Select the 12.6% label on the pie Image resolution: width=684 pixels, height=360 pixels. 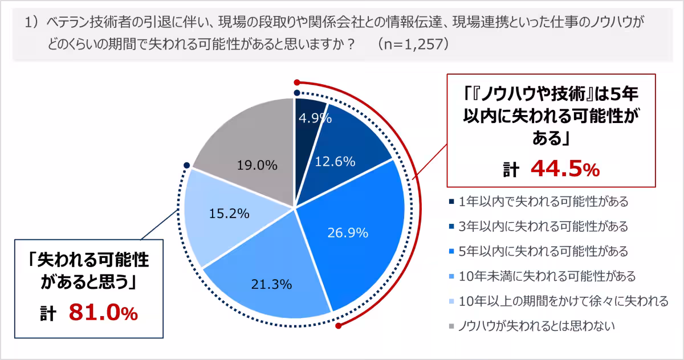335,161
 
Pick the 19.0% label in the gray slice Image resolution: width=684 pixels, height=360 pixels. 256,166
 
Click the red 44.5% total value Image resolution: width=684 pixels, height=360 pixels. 564,169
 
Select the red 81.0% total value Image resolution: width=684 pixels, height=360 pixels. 103,313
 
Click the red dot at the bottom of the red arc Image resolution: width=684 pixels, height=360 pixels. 339,326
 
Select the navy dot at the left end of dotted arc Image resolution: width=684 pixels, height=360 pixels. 186,166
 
